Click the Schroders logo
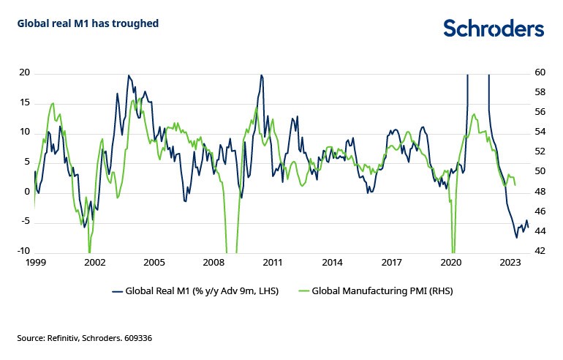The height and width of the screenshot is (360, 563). tap(494, 29)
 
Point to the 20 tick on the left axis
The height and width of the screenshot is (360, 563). tap(24, 72)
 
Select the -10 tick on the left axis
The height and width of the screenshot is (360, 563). tap(23, 251)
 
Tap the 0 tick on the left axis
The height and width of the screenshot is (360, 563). tap(26, 192)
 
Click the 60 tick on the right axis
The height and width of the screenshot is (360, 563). tap(540, 72)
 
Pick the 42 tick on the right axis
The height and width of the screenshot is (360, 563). tap(540, 251)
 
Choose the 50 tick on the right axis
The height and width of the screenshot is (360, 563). tap(540, 172)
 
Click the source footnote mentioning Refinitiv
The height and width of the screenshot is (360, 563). tap(84, 338)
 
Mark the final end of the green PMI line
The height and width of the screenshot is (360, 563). tap(515, 186)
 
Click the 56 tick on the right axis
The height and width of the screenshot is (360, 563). tap(540, 112)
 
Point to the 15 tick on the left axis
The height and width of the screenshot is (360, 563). tap(24, 102)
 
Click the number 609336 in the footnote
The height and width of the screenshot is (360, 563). tap(135, 338)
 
